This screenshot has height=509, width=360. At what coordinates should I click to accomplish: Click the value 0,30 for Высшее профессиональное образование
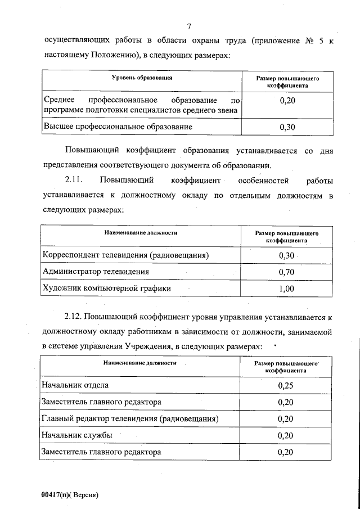tap(287, 127)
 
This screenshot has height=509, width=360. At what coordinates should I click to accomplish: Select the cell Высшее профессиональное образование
tap(118, 127)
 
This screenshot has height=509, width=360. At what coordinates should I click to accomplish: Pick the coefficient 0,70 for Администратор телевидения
tap(287, 272)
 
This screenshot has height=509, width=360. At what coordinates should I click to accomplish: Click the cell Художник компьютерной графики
tap(107, 289)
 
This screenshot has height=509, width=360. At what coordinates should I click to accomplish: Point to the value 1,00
tap(287, 289)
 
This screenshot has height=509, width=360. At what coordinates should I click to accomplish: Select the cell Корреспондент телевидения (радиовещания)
tap(126, 255)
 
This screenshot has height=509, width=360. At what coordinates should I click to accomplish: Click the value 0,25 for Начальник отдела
tap(286, 386)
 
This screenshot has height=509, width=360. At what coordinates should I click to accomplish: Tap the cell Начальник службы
tap(77, 435)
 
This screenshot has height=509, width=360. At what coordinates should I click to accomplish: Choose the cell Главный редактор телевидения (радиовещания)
tap(130, 419)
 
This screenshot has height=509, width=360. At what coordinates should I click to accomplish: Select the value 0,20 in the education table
tap(287, 101)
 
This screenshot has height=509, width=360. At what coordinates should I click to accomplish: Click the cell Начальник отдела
tap(75, 386)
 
